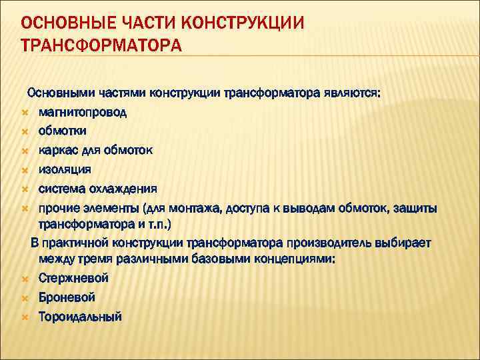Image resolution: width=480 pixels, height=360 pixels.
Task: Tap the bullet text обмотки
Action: coord(62,131)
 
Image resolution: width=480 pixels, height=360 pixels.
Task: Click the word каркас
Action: coord(58,150)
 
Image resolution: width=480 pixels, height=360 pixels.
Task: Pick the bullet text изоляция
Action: coord(65,169)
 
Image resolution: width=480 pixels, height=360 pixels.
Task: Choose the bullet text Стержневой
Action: coord(73,278)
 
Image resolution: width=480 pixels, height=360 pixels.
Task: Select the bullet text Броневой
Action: coord(67,297)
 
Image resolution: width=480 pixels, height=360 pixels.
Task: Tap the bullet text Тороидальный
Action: coord(80,317)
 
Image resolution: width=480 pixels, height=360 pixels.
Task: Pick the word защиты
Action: coord(416,208)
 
